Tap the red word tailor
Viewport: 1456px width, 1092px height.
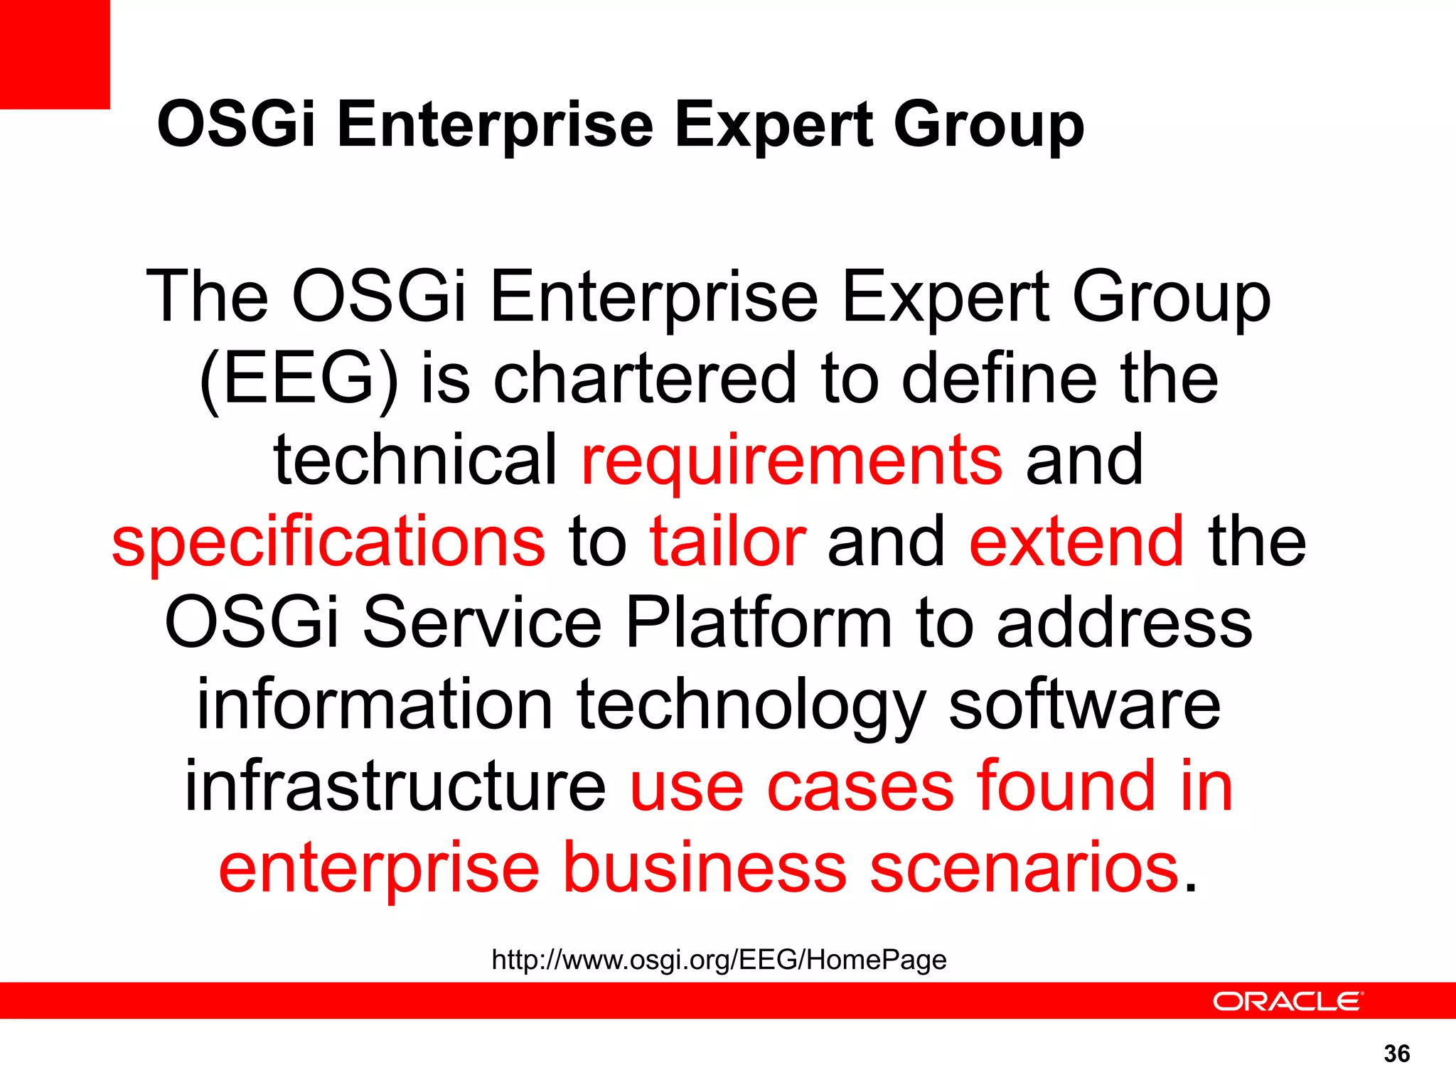point(727,542)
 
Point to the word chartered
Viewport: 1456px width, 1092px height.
point(645,379)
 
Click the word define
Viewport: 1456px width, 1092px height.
point(1000,379)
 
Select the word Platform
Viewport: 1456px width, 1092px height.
point(759,623)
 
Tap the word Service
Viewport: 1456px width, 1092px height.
point(483,623)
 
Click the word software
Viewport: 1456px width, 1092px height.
point(1085,705)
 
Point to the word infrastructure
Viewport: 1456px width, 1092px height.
point(395,786)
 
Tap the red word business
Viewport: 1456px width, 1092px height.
point(705,868)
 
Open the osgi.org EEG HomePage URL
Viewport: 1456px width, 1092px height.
point(719,960)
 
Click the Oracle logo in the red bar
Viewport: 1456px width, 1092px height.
point(1288,1001)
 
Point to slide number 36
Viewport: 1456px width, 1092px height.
point(1397,1054)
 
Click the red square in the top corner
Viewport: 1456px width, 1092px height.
point(55,54)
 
